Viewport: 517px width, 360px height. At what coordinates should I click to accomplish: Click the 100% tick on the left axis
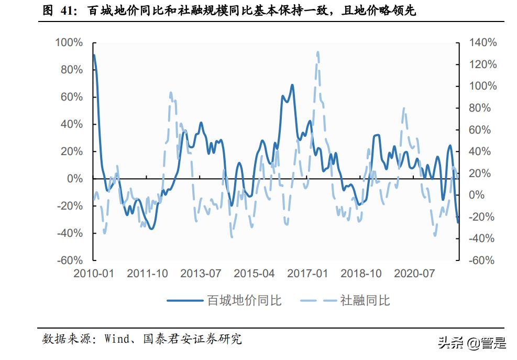coord(69,42)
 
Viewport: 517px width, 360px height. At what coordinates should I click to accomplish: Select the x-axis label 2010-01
coord(94,274)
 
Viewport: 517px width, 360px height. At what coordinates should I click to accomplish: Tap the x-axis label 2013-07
coord(201,274)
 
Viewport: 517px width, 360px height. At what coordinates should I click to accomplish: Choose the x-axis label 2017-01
coord(307,274)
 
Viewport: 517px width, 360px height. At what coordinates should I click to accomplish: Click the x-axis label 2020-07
coord(414,274)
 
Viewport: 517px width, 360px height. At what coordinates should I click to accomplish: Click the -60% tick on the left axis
coord(69,260)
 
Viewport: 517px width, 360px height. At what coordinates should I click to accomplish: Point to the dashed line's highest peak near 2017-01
coord(318,52)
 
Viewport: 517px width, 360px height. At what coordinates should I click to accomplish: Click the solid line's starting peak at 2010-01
coord(94,55)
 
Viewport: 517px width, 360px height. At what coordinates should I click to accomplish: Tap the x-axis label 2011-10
coord(147,274)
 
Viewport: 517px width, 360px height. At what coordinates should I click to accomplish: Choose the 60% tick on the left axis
coord(72,97)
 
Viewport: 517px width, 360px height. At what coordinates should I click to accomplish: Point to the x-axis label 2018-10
coord(361,274)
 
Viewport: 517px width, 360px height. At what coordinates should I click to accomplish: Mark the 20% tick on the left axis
coord(72,151)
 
